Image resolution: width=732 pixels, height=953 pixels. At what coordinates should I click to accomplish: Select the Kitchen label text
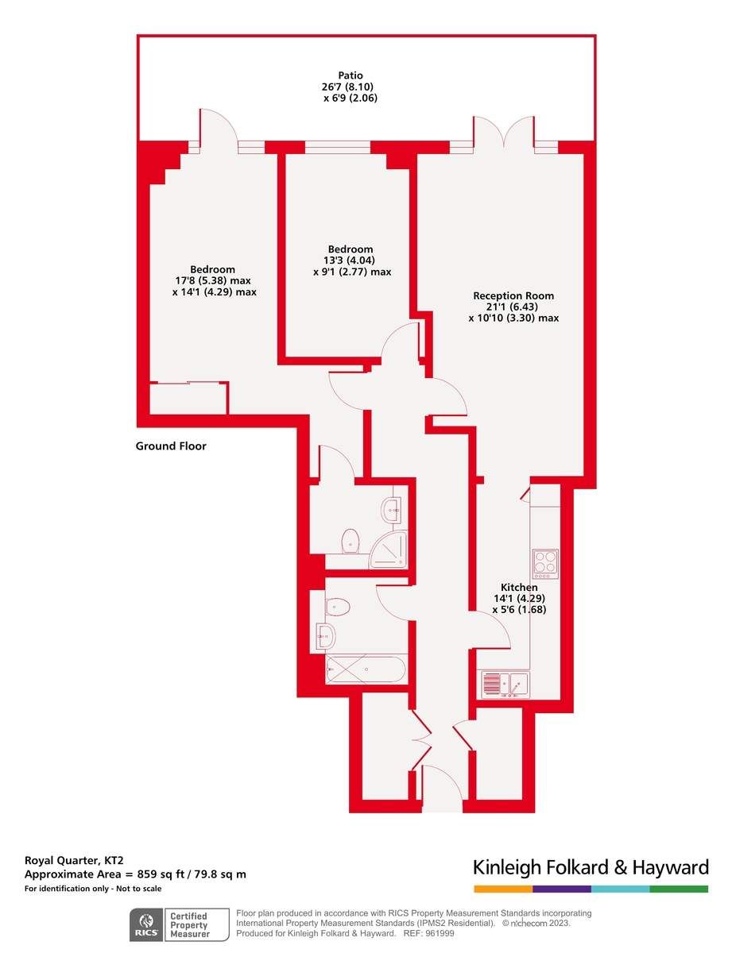pos(519,587)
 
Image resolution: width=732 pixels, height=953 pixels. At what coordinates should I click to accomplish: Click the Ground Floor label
pos(171,446)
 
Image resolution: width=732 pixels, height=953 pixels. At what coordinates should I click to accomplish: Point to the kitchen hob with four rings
pos(545,563)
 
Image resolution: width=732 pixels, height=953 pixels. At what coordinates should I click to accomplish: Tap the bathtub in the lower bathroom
pos(366,669)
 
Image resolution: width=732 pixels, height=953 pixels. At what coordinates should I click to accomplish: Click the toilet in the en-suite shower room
pos(351,542)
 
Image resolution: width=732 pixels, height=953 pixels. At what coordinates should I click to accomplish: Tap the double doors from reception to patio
pos(504,132)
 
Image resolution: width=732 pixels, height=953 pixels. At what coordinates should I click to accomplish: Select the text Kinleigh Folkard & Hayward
pos(590,866)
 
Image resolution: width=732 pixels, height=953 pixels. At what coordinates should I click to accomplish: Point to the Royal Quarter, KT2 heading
pos(74,860)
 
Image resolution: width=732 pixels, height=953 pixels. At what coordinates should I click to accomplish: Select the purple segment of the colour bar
pos(562,889)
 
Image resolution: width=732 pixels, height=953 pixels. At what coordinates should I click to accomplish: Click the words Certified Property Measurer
pos(189,924)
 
